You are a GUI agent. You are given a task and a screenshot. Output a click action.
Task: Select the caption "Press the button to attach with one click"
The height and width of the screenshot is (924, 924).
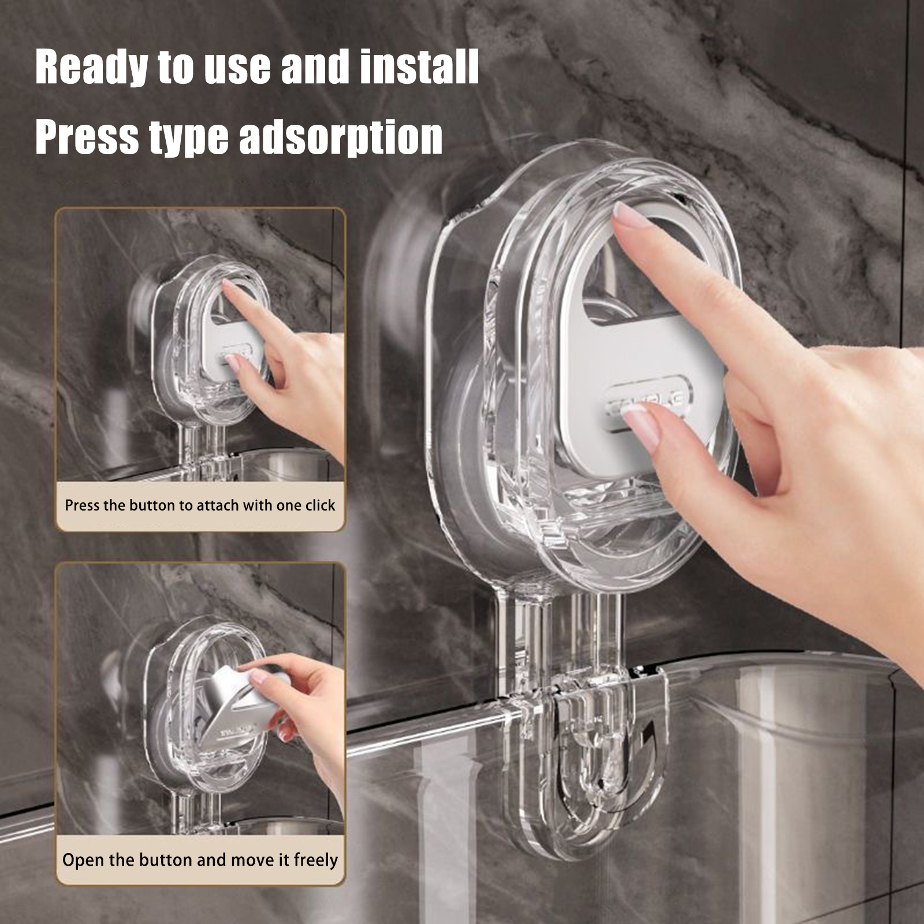(x=200, y=505)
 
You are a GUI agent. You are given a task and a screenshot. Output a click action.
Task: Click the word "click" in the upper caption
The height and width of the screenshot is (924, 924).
(x=320, y=505)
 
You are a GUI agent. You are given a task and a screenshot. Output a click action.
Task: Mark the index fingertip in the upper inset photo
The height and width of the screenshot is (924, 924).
(x=227, y=287)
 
